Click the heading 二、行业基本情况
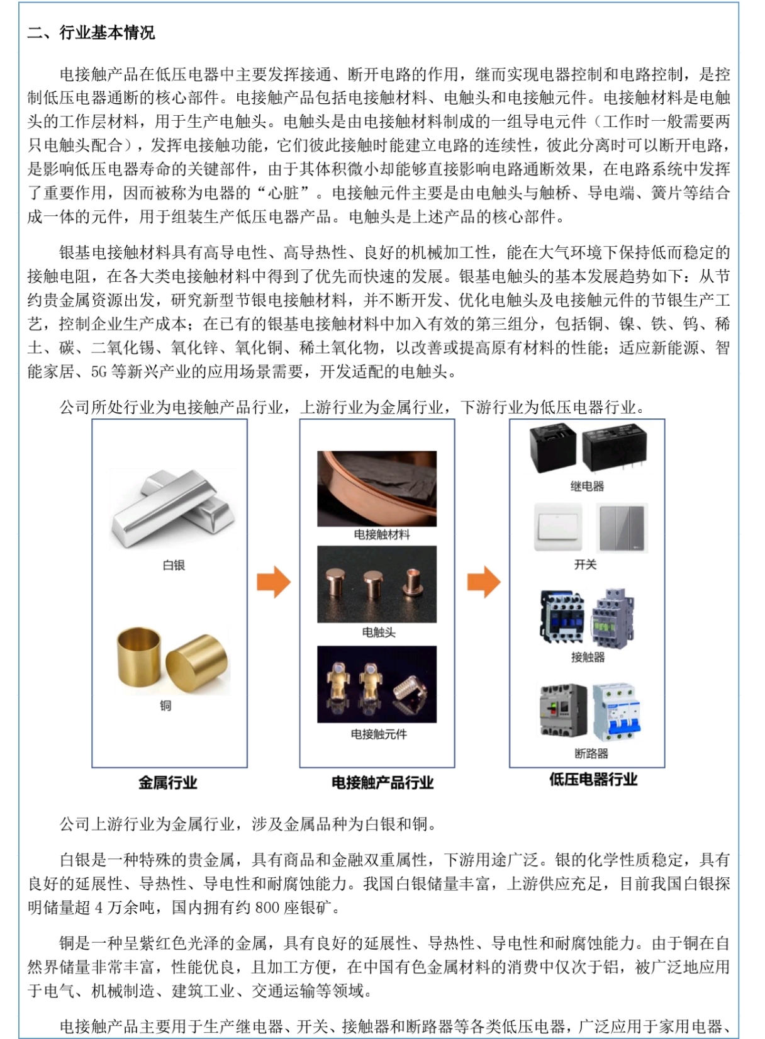91,33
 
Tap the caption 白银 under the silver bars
174,565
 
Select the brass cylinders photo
173,661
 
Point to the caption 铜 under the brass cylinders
165,705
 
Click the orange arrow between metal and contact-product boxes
274,581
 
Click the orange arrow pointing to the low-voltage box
484,581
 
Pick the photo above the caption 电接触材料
377,488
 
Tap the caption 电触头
379,632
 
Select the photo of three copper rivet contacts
377,585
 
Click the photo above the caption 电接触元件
377,684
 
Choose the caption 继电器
587,486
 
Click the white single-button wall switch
558,527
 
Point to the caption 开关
585,564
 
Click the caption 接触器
588,657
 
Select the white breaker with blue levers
617,712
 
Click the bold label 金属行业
168,783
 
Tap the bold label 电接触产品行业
382,783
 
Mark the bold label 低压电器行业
593,779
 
